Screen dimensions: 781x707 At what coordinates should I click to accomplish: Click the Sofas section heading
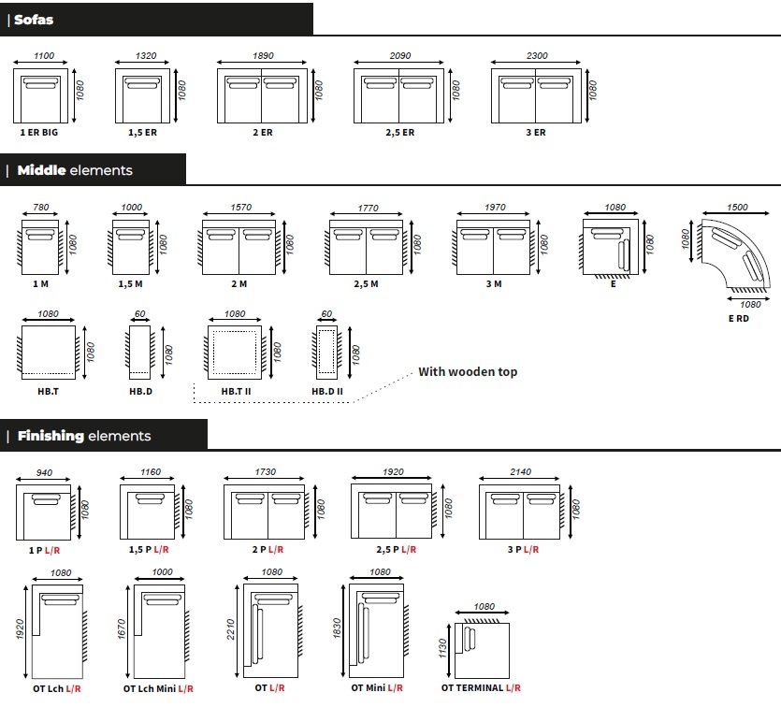click(34, 20)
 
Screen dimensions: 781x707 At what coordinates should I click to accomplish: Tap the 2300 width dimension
click(537, 56)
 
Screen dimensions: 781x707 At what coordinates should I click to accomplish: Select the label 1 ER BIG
click(39, 133)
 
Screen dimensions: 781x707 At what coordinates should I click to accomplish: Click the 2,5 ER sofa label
click(400, 133)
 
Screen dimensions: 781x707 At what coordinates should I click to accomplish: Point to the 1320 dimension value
click(146, 56)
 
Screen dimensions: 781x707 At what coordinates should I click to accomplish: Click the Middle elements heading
click(75, 170)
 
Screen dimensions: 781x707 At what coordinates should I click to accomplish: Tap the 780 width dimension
click(41, 207)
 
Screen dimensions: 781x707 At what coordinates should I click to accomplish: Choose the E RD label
click(739, 319)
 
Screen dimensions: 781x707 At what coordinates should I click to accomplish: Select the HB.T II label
click(236, 391)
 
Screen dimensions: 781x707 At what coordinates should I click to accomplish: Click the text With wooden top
click(468, 371)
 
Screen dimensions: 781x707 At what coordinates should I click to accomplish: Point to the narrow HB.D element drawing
click(139, 352)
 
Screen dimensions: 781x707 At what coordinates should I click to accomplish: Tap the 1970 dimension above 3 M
click(495, 207)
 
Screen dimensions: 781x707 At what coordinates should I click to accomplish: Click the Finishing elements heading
click(84, 436)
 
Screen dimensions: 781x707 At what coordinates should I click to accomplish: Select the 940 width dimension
click(44, 472)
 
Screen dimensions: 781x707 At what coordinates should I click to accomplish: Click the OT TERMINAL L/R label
click(481, 688)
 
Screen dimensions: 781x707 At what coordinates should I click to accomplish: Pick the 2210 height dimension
click(230, 629)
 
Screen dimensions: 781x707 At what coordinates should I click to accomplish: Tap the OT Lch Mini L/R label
click(158, 689)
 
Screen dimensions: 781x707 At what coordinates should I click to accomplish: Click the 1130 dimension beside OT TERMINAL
click(442, 648)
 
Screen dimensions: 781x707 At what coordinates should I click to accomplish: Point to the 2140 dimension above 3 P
click(520, 471)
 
